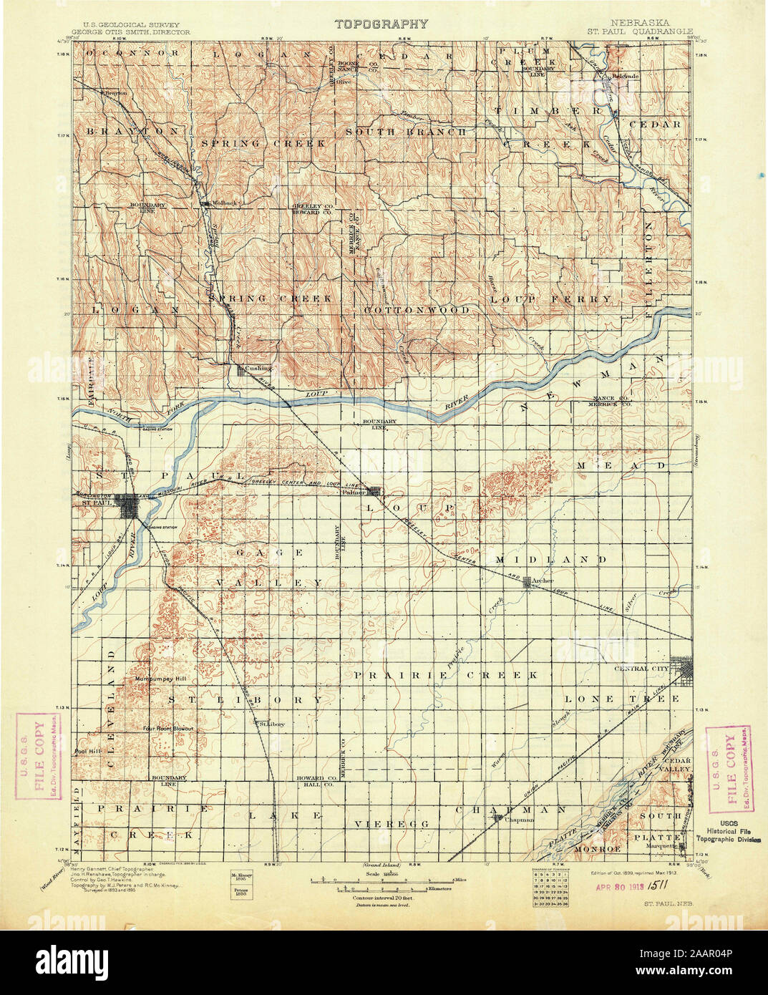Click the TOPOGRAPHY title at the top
click(x=382, y=24)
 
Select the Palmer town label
click(x=354, y=492)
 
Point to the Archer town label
click(x=543, y=581)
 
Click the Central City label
click(x=642, y=668)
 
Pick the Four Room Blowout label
click(x=168, y=729)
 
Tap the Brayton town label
click(x=115, y=93)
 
